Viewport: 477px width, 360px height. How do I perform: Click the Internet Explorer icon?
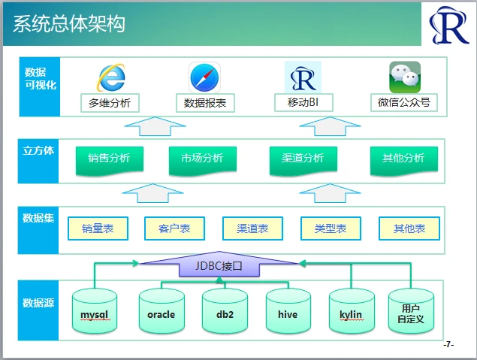pos(111,77)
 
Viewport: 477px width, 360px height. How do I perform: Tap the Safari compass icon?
pos(204,77)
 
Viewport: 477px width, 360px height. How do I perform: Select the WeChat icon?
pos(405,77)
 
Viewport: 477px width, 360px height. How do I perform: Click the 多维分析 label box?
pos(110,103)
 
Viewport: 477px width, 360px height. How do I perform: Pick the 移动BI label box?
pos(303,102)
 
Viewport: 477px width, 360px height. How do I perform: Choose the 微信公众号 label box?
pos(404,102)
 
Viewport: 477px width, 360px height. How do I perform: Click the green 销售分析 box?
pos(110,161)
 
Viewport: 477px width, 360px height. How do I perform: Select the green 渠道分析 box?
pos(303,161)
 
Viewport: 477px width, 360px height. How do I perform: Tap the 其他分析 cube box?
pos(404,161)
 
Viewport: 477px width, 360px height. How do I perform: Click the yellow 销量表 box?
pos(98,228)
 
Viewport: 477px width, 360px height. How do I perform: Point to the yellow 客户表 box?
pos(174,228)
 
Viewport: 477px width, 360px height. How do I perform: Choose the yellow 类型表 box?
pos(331,228)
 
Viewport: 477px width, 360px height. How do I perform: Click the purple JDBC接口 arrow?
pos(219,265)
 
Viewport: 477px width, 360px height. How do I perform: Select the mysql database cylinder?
pos(95,310)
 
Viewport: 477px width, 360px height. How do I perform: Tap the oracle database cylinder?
pos(162,310)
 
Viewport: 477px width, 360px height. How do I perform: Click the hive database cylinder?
pos(288,310)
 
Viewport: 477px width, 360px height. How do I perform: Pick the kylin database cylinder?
pos(352,310)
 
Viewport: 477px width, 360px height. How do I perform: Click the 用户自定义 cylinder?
pos(411,310)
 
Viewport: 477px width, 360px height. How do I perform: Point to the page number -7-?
pos(448,345)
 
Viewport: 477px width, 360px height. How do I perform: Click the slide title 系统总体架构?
pos(69,24)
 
